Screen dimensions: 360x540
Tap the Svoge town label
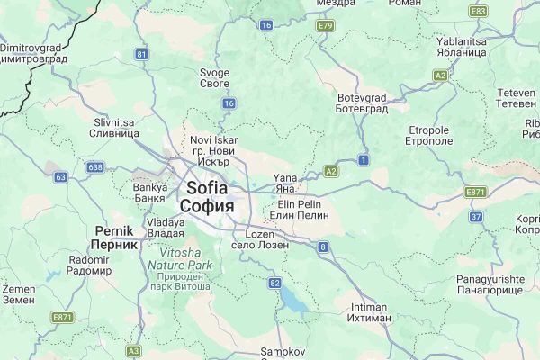(215, 77)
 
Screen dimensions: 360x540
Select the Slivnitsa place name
(114, 126)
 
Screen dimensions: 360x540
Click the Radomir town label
(88, 265)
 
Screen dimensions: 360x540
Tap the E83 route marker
(478, 11)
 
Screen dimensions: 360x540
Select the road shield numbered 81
(141, 55)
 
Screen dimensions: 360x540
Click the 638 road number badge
(96, 166)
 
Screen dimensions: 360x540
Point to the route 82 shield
(274, 283)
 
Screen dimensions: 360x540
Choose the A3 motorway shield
(134, 350)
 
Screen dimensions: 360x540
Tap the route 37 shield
(476, 217)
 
